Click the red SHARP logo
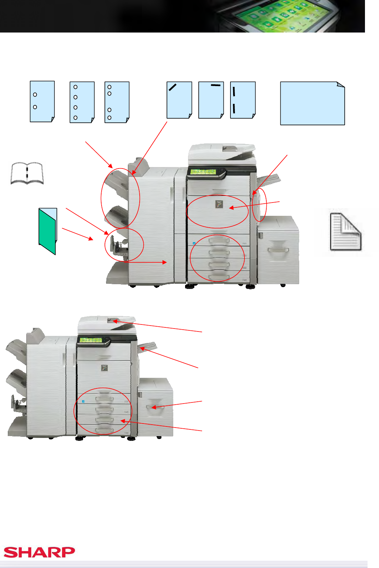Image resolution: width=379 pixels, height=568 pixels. pos(39,552)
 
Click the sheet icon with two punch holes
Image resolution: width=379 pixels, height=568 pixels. pos(42,101)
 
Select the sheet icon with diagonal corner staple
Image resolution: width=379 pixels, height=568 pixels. pos(179,100)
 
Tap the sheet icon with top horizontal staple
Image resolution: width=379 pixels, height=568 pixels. pos(211,100)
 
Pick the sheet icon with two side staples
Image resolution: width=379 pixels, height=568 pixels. pos(243,100)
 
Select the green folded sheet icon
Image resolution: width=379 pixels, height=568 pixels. pos(48,231)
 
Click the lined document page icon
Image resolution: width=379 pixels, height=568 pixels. pos(345,232)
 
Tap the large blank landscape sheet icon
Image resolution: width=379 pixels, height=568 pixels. pos(313,103)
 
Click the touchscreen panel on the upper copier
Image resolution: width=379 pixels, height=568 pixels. pos(203,172)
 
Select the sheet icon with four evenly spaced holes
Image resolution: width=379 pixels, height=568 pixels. pos(82,102)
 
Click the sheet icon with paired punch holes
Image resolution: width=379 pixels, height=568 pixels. pos(117,102)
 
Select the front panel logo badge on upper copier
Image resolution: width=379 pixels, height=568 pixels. pos(219,204)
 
